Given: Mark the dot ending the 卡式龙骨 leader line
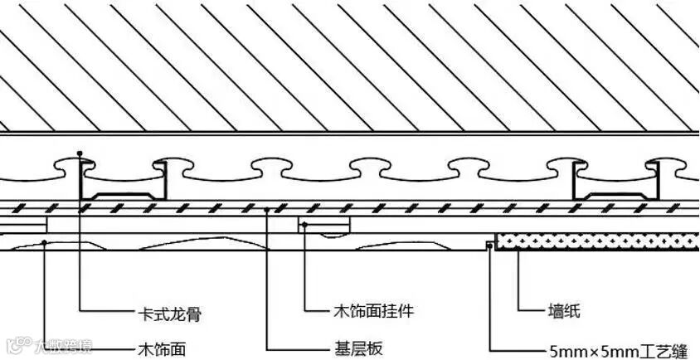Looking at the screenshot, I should pos(80,154).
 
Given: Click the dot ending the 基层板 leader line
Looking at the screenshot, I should pos(266,210).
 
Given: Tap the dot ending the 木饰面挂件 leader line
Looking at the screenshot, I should pos(305,224).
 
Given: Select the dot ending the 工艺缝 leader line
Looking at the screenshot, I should pos(489,245).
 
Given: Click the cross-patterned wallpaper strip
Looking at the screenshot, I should pos(597,241).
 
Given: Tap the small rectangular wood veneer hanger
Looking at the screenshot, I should pos(324,225).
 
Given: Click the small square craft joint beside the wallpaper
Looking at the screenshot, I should pos(490,243).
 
